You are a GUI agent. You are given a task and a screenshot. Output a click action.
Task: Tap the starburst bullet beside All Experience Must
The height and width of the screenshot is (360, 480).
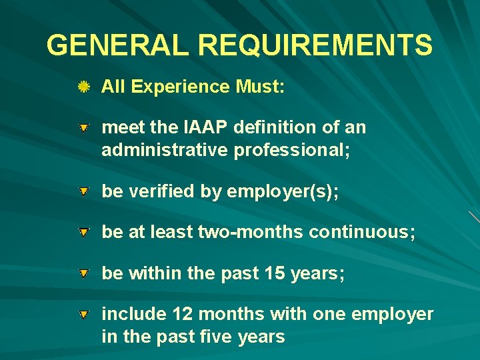click(x=84, y=87)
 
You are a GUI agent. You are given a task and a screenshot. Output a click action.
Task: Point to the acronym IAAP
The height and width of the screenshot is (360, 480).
click(x=197, y=127)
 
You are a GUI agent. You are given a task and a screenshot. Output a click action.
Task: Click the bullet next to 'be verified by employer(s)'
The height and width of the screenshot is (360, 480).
click(x=84, y=192)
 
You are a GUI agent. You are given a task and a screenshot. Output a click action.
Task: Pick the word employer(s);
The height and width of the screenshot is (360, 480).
click(x=283, y=192)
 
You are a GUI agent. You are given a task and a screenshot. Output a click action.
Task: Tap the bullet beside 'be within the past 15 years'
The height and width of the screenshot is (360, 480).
click(x=84, y=273)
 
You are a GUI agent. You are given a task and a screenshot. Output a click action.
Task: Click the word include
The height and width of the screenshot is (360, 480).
click(x=133, y=314)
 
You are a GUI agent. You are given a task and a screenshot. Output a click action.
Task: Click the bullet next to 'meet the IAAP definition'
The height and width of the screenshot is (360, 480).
click(x=84, y=127)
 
